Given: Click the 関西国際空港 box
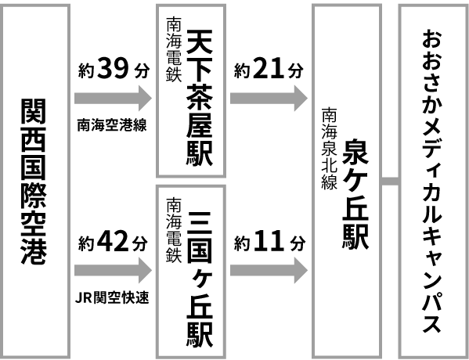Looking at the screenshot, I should tap(34, 180).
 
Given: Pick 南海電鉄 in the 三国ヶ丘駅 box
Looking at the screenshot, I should tap(172, 227).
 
